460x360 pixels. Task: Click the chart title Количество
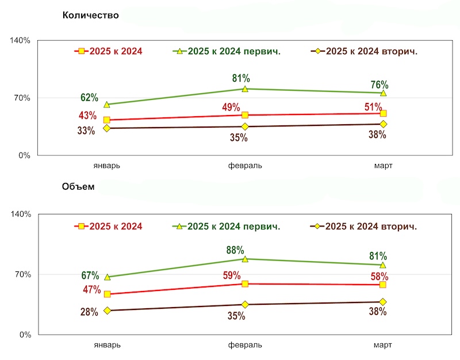click(90, 16)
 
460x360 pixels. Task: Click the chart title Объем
click(78, 187)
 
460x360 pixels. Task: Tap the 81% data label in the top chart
click(241, 78)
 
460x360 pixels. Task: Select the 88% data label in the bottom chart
click(235, 250)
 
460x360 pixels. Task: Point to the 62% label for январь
click(89, 97)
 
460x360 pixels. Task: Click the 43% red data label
click(87, 116)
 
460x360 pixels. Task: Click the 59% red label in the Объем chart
click(232, 275)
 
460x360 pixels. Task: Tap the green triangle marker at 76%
click(382, 93)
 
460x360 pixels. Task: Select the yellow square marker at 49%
click(245, 115)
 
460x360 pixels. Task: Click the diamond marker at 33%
click(107, 128)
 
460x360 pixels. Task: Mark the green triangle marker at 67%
click(107, 277)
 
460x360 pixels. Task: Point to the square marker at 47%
click(107, 294)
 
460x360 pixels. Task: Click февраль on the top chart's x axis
click(245, 166)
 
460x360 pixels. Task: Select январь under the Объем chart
click(107, 344)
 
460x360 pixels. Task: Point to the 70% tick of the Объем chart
click(22, 274)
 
